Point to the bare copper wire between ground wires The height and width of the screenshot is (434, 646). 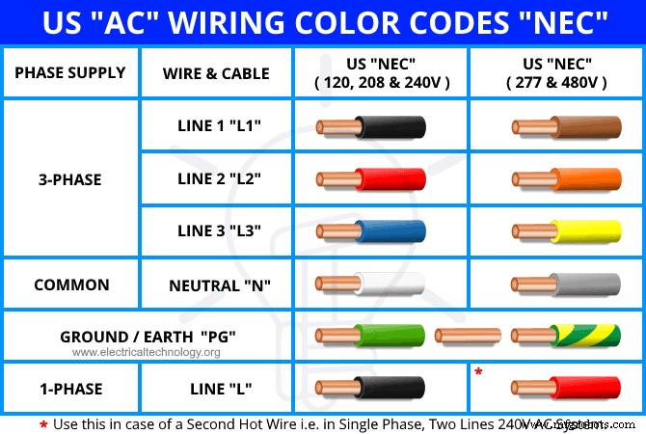467,336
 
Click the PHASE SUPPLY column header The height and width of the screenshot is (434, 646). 70,72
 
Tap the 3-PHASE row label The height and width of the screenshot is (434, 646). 70,179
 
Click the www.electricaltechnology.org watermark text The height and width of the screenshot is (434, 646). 146,352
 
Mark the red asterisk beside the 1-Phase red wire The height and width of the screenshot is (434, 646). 478,370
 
